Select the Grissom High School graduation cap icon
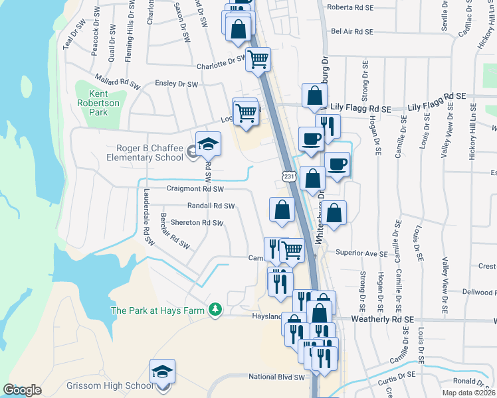pyautogui.click(x=162, y=371)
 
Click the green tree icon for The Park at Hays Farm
pyautogui.click(x=215, y=309)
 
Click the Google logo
pyautogui.click(x=23, y=390)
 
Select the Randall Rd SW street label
pyautogui.click(x=211, y=206)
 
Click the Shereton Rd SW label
pyautogui.click(x=197, y=223)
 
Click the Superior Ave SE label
pyautogui.click(x=361, y=253)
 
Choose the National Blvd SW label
pyautogui.click(x=276, y=377)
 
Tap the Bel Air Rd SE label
pyautogui.click(x=352, y=31)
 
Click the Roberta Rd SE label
pyautogui.click(x=351, y=9)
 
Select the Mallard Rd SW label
pyautogui.click(x=117, y=82)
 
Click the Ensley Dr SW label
pyautogui.click(x=177, y=84)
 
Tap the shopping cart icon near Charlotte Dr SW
pyautogui.click(x=258, y=58)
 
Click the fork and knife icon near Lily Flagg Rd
pyautogui.click(x=328, y=125)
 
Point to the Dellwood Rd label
pyautogui.click(x=477, y=292)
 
